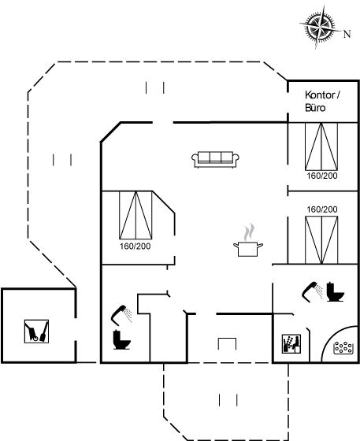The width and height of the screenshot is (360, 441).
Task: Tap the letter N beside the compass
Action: [x=347, y=34]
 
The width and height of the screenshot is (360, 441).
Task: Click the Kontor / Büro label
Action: [x=323, y=102]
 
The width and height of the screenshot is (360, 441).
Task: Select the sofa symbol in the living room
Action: [x=215, y=159]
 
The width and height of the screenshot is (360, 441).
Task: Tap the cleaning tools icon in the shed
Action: [x=36, y=332]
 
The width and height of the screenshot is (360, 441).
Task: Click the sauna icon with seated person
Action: [x=291, y=343]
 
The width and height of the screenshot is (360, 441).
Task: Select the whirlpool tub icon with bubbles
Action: [x=343, y=347]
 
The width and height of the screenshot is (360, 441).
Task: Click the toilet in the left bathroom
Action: [x=121, y=339]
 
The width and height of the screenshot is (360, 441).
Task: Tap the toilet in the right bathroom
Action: [x=336, y=292]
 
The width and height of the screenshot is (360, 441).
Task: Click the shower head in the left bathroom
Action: [x=121, y=314]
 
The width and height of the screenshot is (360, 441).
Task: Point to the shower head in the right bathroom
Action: [x=312, y=291]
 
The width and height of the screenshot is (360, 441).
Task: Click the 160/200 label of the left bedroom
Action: [x=135, y=246]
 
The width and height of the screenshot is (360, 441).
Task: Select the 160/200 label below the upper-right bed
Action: [x=322, y=176]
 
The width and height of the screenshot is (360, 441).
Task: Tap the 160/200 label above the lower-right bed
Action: [x=322, y=209]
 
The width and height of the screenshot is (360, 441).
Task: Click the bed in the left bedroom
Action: [x=135, y=215]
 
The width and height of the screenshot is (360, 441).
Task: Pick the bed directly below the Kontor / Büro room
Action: [x=321, y=146]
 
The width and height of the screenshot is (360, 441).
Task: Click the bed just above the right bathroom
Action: [x=321, y=240]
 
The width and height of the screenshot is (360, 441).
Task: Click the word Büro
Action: [x=315, y=108]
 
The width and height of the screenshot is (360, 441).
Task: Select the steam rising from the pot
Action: [x=249, y=232]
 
